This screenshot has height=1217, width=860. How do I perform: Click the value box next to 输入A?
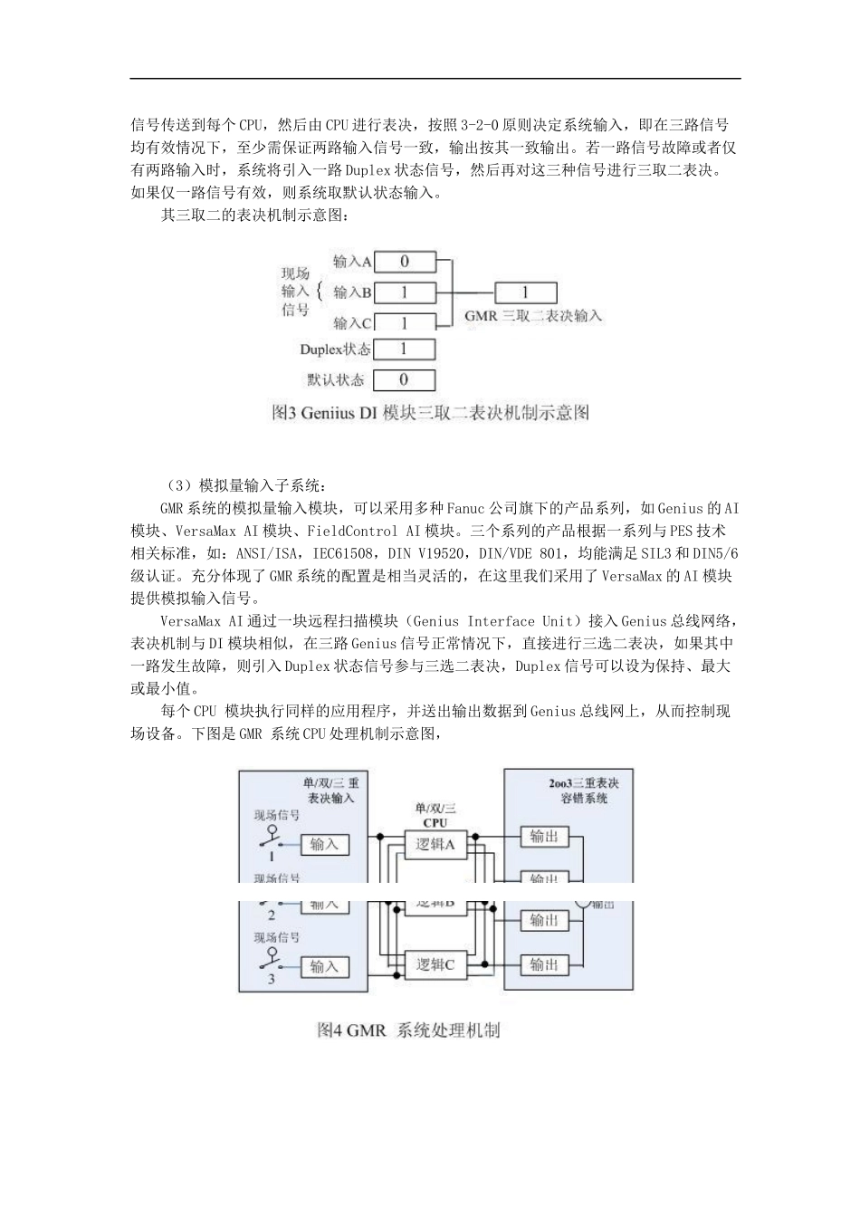[x=405, y=262]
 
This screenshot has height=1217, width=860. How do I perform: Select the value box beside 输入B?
[x=405, y=292]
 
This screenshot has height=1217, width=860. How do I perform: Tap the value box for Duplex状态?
[x=405, y=349]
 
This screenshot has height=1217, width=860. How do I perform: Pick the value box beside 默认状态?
[x=405, y=380]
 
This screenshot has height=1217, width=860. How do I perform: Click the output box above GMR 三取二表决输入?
[x=525, y=292]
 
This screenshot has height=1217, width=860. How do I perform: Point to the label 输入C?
[x=352, y=323]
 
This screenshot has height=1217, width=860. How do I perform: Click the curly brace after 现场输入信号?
[x=319, y=292]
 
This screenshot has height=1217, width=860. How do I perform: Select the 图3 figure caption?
[x=430, y=413]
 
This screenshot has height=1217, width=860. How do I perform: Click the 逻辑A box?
[x=435, y=845]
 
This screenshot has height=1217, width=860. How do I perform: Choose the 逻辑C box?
[x=435, y=965]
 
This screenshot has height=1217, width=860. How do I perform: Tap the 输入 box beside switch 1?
[x=324, y=845]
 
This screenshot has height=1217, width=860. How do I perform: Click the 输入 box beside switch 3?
[x=324, y=967]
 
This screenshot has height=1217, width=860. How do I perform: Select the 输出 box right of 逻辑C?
[x=544, y=965]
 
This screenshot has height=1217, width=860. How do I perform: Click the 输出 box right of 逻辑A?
[x=544, y=837]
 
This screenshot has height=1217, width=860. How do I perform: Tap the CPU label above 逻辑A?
[x=435, y=822]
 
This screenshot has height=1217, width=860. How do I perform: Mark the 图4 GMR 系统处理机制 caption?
[x=408, y=1030]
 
